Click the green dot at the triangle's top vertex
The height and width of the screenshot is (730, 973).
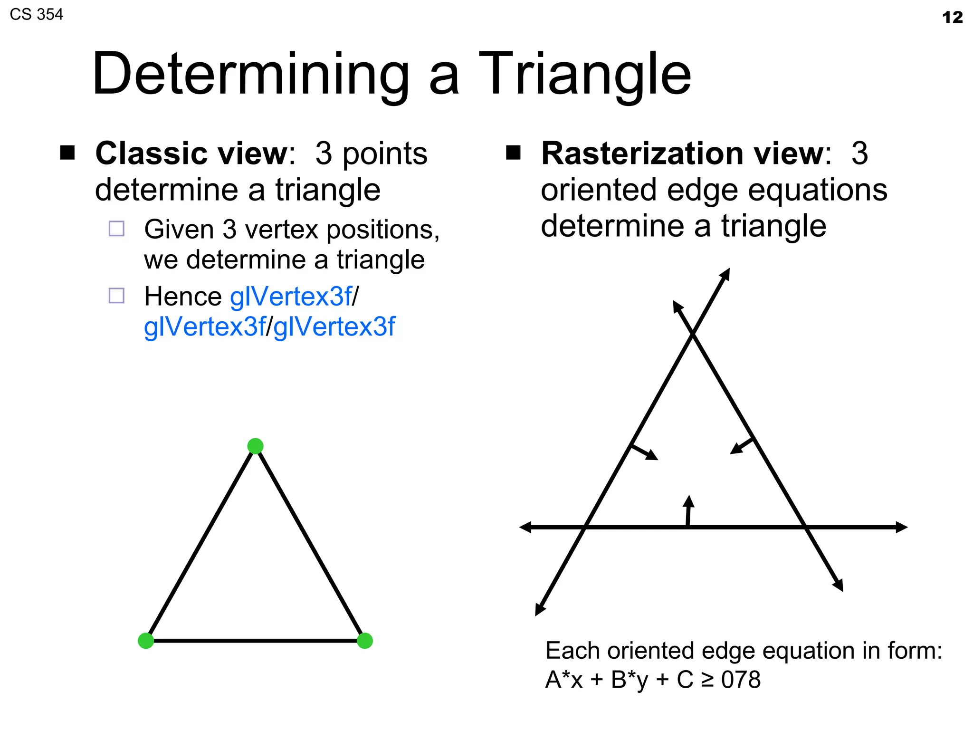[x=256, y=446]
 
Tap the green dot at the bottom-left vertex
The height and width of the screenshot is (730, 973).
[x=146, y=641]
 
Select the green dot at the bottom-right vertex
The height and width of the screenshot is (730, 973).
[x=364, y=641]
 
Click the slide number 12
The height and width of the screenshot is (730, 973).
[x=952, y=18]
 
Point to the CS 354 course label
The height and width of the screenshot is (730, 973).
[x=37, y=15]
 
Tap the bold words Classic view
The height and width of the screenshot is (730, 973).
[x=192, y=154]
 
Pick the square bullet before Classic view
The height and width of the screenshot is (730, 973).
[x=67, y=153]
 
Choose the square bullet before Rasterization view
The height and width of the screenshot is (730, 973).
[x=513, y=153]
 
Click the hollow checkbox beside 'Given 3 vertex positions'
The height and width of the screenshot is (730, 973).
[x=116, y=229]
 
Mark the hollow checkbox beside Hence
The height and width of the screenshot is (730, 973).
[x=116, y=296]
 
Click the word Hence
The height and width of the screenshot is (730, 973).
[x=183, y=297]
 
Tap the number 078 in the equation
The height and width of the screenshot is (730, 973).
[x=741, y=680]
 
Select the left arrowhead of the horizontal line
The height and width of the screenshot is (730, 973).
[x=525, y=527]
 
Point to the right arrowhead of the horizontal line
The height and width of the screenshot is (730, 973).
[x=901, y=527]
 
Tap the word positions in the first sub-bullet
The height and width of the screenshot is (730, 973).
[x=383, y=230]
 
